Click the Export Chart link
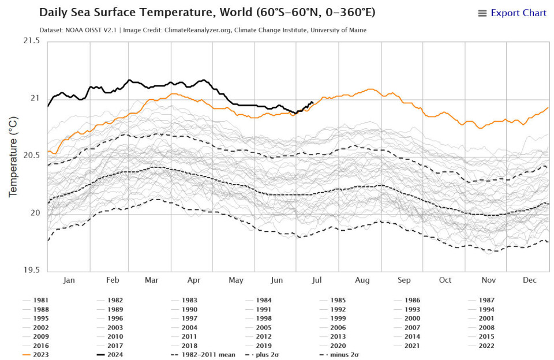click(x=518, y=13)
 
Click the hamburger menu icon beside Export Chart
click(x=482, y=13)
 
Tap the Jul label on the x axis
click(x=316, y=280)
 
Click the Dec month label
click(x=530, y=280)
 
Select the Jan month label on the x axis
click(x=69, y=280)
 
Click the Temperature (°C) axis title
click(x=13, y=156)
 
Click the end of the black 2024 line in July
click(x=312, y=102)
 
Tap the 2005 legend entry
click(x=264, y=327)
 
